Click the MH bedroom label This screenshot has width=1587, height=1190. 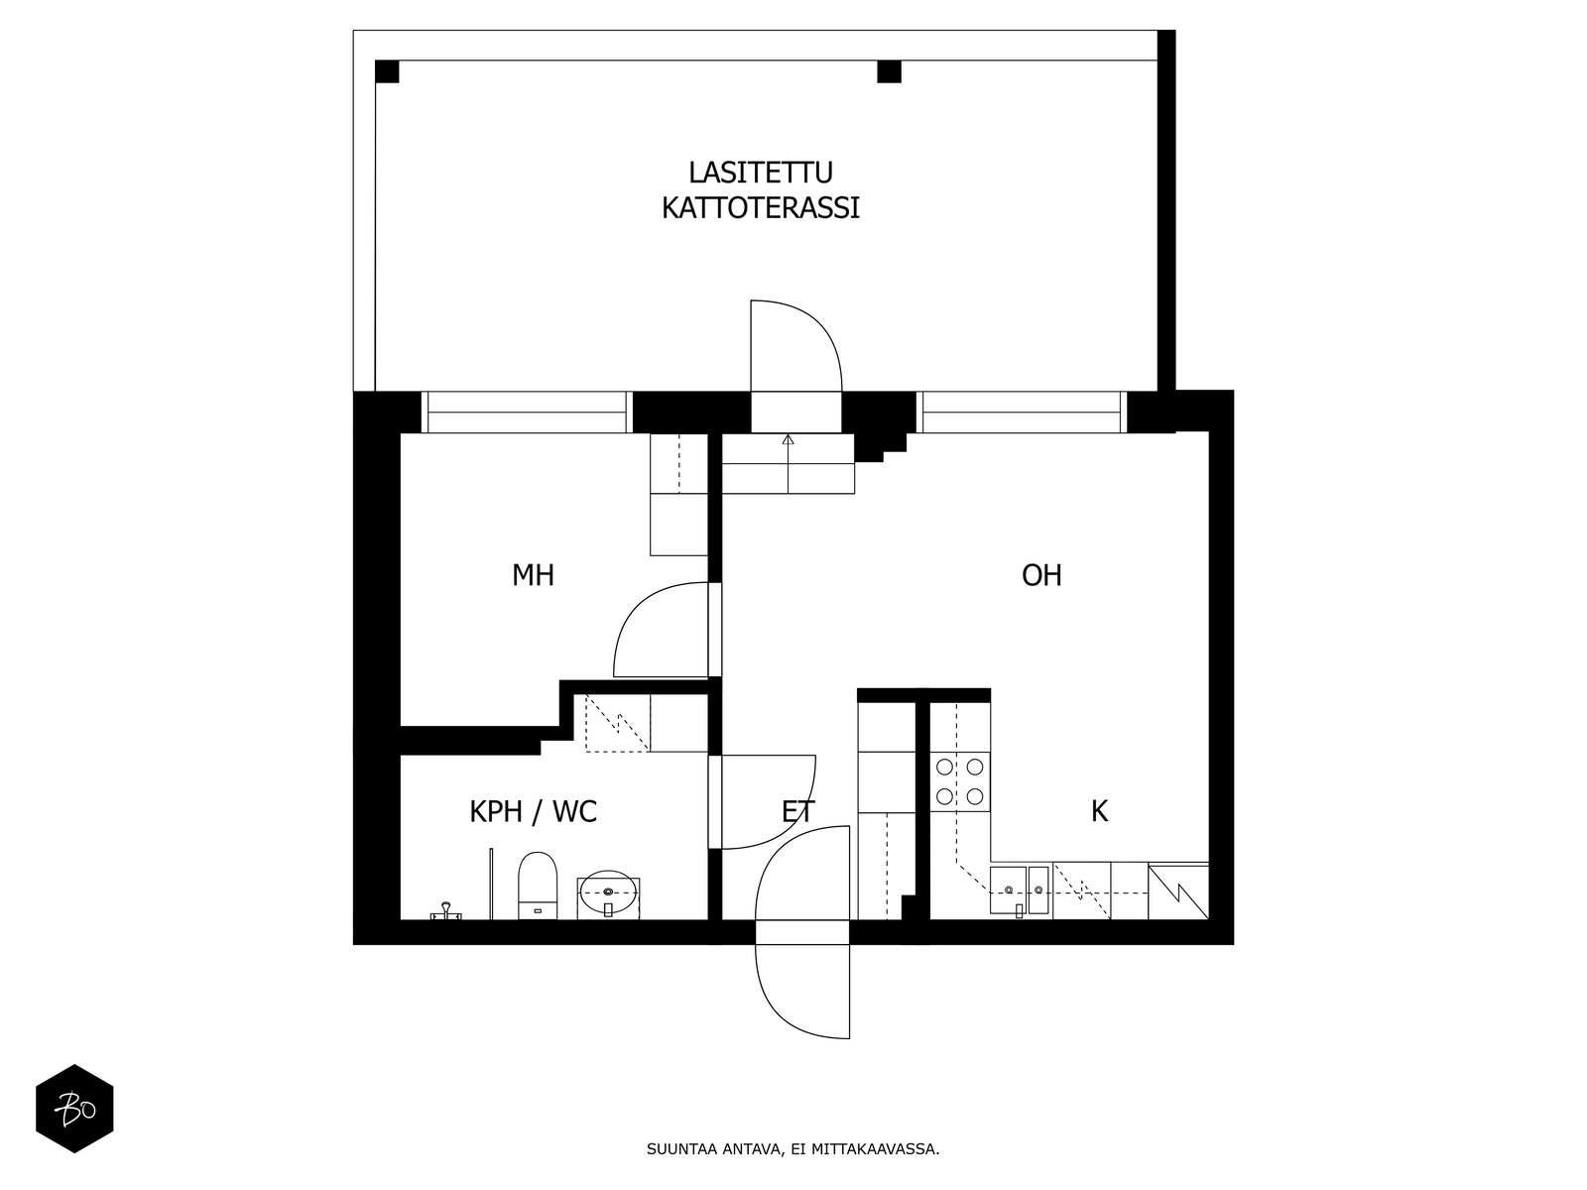(533, 576)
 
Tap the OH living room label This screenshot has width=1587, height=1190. (1041, 576)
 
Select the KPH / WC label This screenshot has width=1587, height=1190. (533, 812)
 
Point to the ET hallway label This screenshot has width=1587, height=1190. (798, 812)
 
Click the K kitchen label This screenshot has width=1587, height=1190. (1099, 812)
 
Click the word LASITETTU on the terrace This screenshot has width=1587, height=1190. (761, 173)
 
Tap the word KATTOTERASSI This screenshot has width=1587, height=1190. (761, 208)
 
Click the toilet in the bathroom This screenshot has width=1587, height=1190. (538, 886)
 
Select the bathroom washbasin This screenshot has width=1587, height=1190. (608, 894)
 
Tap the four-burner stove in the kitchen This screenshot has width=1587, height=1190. (959, 781)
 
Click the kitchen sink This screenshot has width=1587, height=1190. (1020, 891)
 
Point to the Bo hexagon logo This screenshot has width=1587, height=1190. (74, 1109)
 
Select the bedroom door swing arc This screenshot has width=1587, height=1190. (661, 630)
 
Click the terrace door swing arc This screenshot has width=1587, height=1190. (796, 345)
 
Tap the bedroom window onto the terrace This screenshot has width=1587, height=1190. (527, 413)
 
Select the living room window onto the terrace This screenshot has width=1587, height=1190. (1022, 413)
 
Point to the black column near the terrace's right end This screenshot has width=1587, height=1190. (890, 72)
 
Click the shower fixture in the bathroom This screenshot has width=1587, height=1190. (446, 911)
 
